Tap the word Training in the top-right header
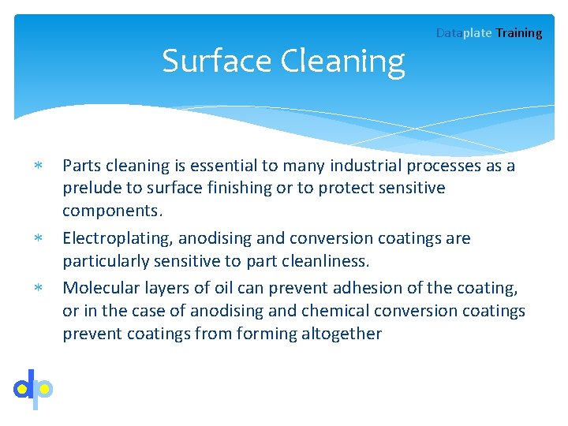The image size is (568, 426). click(518, 33)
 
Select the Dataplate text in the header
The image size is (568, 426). click(464, 33)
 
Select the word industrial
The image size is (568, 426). click(364, 166)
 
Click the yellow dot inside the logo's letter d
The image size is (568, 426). click(23, 389)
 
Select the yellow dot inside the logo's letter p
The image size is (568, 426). click(45, 389)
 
